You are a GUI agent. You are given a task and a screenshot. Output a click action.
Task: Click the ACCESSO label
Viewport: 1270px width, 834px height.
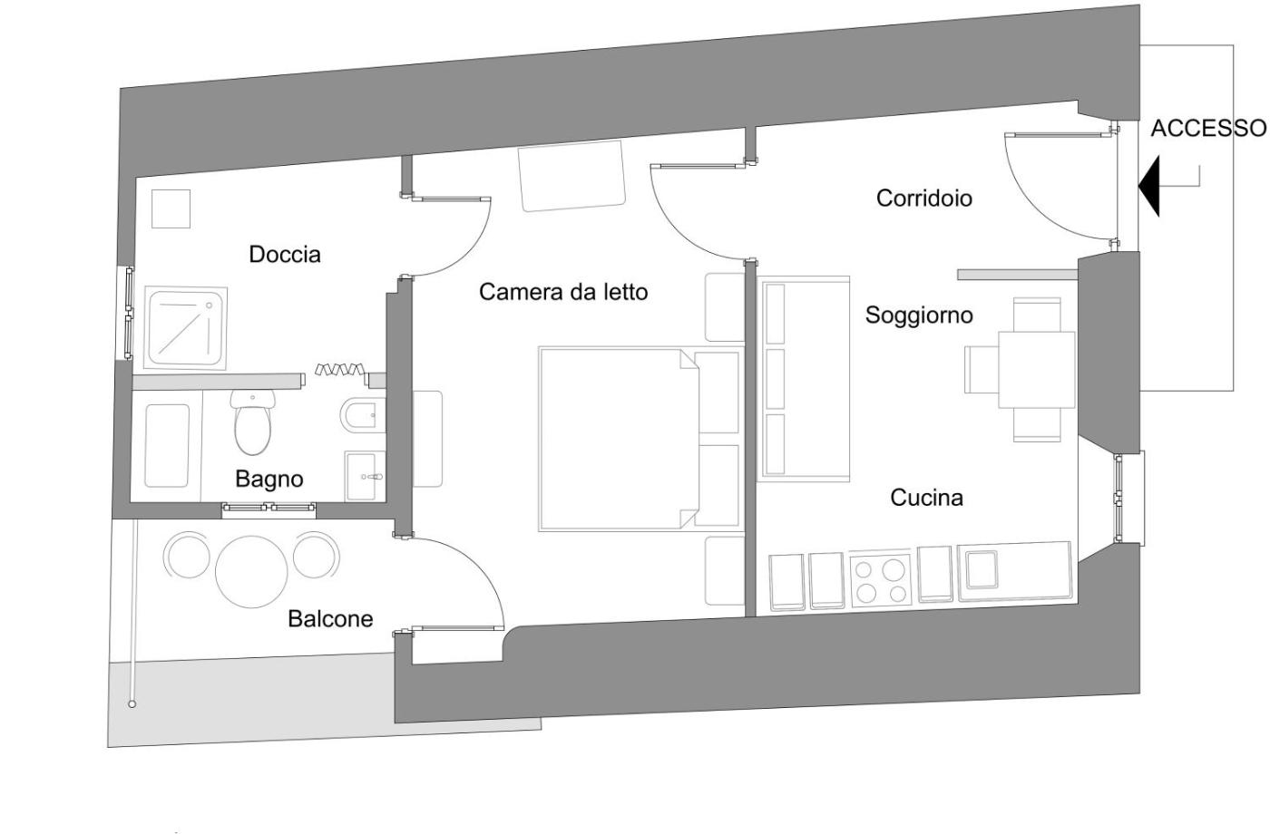[x=1208, y=129]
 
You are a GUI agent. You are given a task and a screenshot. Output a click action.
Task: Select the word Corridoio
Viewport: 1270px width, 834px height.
[x=924, y=199]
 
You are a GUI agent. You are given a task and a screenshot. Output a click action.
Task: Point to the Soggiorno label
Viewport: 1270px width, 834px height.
[x=919, y=315]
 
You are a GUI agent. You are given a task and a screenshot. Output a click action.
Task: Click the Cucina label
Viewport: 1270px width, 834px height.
[x=926, y=498]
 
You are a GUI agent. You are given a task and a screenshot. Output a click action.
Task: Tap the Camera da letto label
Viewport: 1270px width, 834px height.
[x=563, y=292]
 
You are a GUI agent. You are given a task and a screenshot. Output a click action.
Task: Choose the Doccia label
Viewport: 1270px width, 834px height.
[x=285, y=255]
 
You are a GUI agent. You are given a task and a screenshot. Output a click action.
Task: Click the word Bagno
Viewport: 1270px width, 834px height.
[x=269, y=480]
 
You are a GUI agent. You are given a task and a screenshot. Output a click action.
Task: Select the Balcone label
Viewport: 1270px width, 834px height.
[x=330, y=618]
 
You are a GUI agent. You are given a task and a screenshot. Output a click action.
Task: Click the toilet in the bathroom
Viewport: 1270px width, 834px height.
[x=253, y=422]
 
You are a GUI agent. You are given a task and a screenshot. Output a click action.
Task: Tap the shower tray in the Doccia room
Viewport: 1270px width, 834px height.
[x=186, y=328]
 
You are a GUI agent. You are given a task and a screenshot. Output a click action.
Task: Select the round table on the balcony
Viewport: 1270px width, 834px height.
[x=251, y=572]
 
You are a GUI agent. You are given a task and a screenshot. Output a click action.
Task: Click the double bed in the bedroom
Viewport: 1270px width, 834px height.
[x=640, y=439]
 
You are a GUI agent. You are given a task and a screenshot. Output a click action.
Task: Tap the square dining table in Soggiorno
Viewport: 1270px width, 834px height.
[x=1037, y=370]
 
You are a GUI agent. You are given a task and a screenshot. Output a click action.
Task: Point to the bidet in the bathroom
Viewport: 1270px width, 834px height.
[x=362, y=416]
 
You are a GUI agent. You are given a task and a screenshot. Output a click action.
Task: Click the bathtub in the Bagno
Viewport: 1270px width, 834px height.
[x=167, y=445]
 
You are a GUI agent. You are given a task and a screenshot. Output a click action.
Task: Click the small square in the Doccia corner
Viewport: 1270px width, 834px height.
[x=171, y=208]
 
